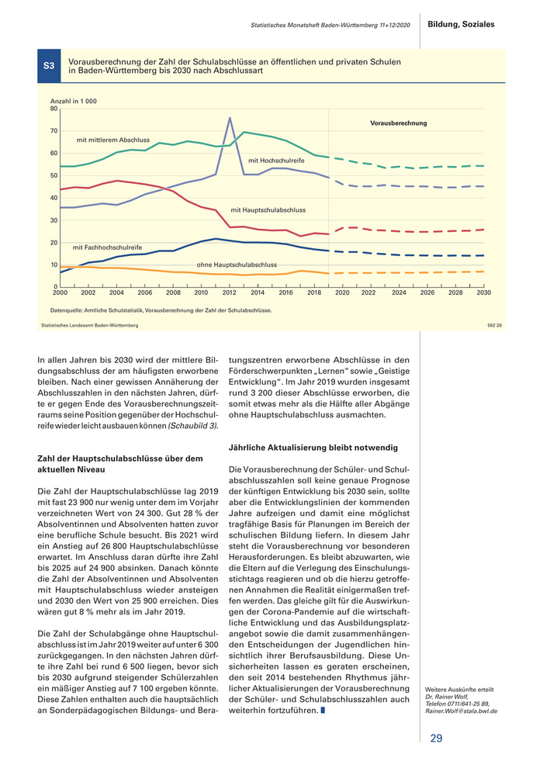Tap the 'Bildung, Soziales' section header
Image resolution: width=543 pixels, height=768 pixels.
pos(462,25)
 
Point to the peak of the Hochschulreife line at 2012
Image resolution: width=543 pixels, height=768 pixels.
pos(230,118)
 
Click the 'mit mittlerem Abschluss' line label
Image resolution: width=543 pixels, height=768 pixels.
pos(113,140)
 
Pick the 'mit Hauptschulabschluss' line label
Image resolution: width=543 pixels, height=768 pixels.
pos(268,209)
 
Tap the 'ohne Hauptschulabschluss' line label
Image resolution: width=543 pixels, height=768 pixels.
pos(237,265)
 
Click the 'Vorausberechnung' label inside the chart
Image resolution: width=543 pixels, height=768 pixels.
pos(398,123)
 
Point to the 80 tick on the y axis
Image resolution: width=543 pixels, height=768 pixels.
pos(54,109)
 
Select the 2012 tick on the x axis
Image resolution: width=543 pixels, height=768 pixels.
pos(230,292)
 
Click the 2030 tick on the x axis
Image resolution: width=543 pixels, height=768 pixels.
pos(484,292)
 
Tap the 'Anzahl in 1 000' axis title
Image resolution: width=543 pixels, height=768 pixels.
pos(74,102)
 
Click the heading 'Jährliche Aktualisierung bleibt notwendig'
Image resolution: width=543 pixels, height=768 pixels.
pos(313,448)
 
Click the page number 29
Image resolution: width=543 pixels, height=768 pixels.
pos(436,738)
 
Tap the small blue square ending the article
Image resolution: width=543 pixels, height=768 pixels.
pos(323,711)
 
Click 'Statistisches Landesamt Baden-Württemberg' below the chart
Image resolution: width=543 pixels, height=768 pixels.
pos(89,325)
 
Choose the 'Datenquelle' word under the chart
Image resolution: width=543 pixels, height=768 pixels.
pos(65,310)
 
